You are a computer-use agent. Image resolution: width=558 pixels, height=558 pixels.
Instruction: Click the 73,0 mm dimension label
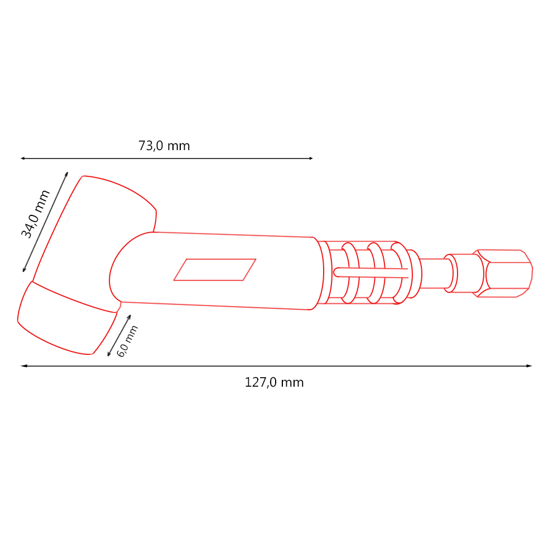[164, 146]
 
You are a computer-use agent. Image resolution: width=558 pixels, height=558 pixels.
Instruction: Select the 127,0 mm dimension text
[274, 383]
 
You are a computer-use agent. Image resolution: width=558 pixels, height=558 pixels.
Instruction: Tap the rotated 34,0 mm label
[36, 214]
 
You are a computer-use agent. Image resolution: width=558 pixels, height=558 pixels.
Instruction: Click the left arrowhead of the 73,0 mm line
[23, 158]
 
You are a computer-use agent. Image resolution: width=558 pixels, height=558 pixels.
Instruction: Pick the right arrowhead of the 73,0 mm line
[311, 158]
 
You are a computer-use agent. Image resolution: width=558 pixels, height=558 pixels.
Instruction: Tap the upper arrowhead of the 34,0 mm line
[66, 174]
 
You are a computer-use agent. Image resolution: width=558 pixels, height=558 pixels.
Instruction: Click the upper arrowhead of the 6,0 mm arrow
[129, 316]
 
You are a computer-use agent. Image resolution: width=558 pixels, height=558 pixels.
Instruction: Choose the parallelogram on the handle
[215, 270]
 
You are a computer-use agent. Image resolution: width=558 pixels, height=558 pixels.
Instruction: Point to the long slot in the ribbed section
[371, 272]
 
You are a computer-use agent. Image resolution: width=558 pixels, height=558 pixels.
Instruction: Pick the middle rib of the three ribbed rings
[376, 272]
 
